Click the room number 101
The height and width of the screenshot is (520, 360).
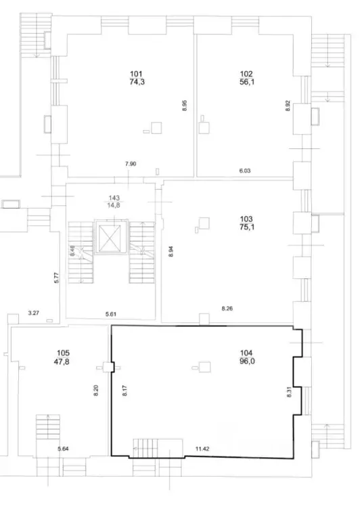(136, 74)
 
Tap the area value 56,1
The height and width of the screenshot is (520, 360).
(247, 82)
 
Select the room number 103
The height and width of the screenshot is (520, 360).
(246, 219)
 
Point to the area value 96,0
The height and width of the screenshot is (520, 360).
(247, 361)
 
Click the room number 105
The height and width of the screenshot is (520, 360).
(63, 353)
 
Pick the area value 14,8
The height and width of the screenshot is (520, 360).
(114, 205)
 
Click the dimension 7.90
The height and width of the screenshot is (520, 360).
(131, 164)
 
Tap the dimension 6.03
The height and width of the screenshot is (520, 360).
(245, 171)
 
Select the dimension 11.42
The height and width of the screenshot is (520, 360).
(202, 449)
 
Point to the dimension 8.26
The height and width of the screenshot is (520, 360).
(227, 309)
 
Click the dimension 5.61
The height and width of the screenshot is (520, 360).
(111, 314)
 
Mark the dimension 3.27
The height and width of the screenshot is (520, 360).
(33, 313)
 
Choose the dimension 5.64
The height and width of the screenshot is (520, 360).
(63, 449)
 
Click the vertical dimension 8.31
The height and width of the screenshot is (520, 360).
(289, 392)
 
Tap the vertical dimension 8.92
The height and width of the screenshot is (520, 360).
(288, 106)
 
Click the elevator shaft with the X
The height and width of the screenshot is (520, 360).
(110, 238)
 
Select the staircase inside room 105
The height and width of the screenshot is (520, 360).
(48, 427)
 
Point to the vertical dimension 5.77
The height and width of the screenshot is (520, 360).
(56, 278)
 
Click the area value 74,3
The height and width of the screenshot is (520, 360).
(137, 82)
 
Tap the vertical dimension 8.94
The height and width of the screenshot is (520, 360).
(171, 252)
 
